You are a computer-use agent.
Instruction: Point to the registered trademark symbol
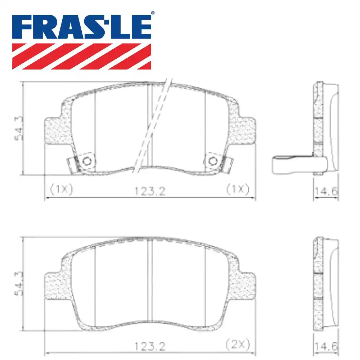tap(153, 13)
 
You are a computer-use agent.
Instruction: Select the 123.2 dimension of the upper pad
tap(150, 191)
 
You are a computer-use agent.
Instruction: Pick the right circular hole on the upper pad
tap(213, 161)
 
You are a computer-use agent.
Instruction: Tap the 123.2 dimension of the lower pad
tap(150, 346)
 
